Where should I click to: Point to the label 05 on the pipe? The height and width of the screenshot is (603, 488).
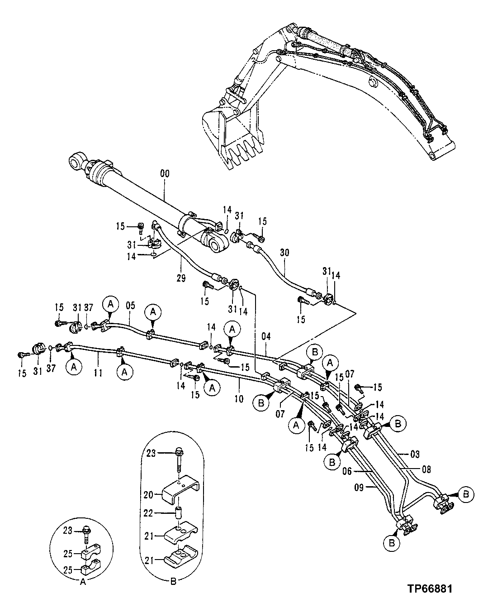tap(130, 306)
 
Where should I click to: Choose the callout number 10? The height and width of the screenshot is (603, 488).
tap(239, 398)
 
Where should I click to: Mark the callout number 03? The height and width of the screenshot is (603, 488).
tap(415, 454)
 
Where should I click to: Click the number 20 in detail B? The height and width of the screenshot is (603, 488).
tap(152, 495)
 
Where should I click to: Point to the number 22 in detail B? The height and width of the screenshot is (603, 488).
tap(152, 513)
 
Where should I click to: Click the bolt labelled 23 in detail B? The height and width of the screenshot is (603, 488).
tap(179, 455)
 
